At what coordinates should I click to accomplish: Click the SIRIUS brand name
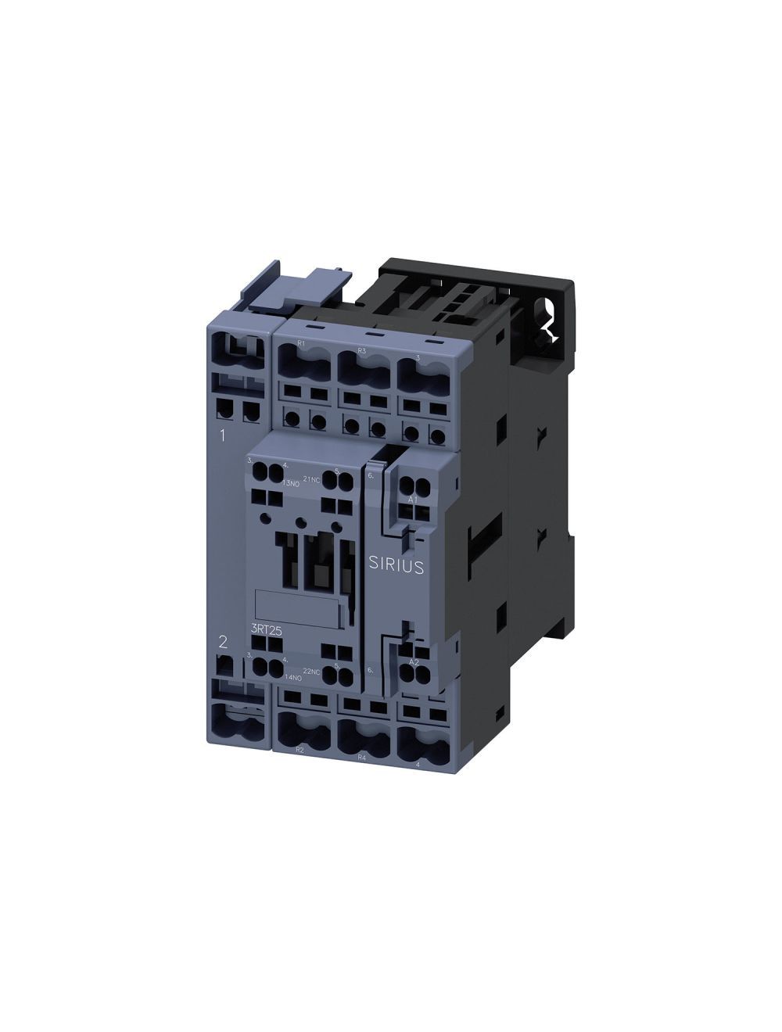(x=396, y=566)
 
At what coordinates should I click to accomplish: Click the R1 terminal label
(x=302, y=344)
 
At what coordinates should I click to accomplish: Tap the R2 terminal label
(x=300, y=749)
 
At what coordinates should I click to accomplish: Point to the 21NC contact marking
(x=310, y=479)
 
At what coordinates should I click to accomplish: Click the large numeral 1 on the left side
(x=223, y=435)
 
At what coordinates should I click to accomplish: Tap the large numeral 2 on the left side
(x=224, y=642)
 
